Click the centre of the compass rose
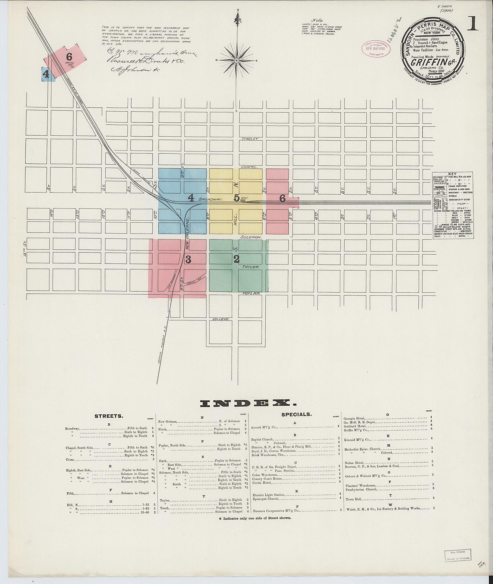point(237,60)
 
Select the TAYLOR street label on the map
point(251,267)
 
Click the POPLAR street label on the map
point(251,294)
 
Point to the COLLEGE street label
point(221,319)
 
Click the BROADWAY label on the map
point(210,200)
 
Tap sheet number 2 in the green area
point(237,259)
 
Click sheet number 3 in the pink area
point(188,260)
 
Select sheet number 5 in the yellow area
point(236,198)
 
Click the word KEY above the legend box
point(452,174)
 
